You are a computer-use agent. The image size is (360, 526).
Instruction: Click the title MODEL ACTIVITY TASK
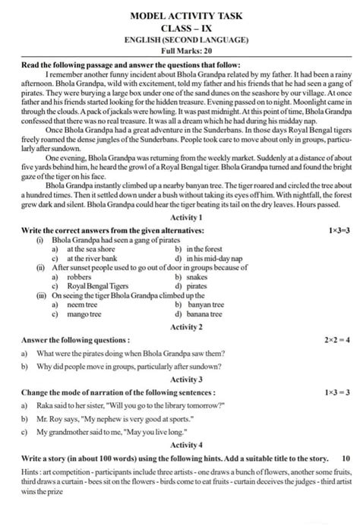[179, 14]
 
